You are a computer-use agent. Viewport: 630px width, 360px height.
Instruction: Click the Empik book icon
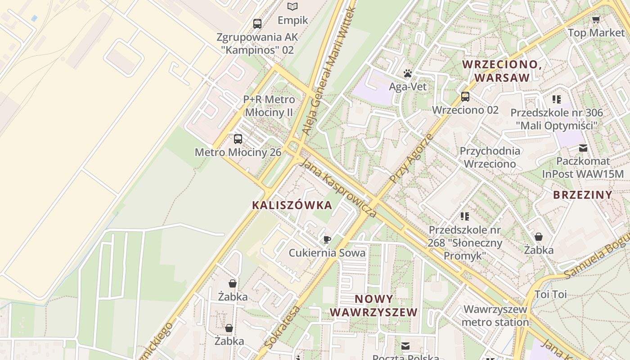tap(292, 6)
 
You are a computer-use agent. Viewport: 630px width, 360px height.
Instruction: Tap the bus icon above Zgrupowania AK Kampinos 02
tap(257, 23)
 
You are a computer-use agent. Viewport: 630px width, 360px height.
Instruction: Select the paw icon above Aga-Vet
tap(408, 73)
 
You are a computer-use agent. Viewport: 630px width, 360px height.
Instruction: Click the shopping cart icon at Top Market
tap(596, 19)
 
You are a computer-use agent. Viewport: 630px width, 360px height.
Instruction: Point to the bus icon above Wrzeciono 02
tap(465, 96)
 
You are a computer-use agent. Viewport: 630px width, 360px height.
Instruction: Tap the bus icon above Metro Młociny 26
tap(238, 139)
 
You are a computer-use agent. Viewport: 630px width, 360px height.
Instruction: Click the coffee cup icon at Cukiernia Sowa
tap(327, 239)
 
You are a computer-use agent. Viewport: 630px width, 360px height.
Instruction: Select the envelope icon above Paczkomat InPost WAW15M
tap(583, 148)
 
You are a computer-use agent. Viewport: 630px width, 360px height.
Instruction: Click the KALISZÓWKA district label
tap(292, 205)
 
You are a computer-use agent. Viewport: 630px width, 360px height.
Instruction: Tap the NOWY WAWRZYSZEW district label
tap(374, 306)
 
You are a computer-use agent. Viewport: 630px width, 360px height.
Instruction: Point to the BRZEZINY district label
tap(583, 195)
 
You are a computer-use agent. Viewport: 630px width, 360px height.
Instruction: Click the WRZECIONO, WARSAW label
tap(502, 71)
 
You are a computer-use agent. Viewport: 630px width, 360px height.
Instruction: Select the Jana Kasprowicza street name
tap(337, 188)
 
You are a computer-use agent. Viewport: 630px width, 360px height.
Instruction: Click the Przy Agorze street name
tap(411, 158)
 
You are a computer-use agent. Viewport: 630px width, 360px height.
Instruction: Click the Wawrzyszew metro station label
tap(495, 315)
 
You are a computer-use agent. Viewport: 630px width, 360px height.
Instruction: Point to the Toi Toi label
tap(550, 294)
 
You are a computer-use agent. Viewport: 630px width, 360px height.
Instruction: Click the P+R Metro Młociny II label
tap(269, 105)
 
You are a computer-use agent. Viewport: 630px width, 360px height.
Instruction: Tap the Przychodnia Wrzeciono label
tap(490, 157)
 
